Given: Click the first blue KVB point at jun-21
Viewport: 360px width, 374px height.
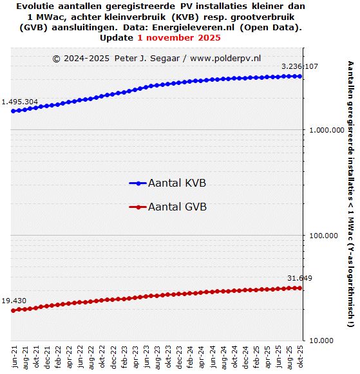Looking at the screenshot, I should click(x=14, y=111).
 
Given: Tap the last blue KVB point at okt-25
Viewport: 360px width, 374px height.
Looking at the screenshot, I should click(x=299, y=76).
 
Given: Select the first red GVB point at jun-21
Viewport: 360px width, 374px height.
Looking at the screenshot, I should click(x=14, y=310).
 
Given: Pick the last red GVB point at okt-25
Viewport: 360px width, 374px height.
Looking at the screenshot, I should click(x=299, y=288).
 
